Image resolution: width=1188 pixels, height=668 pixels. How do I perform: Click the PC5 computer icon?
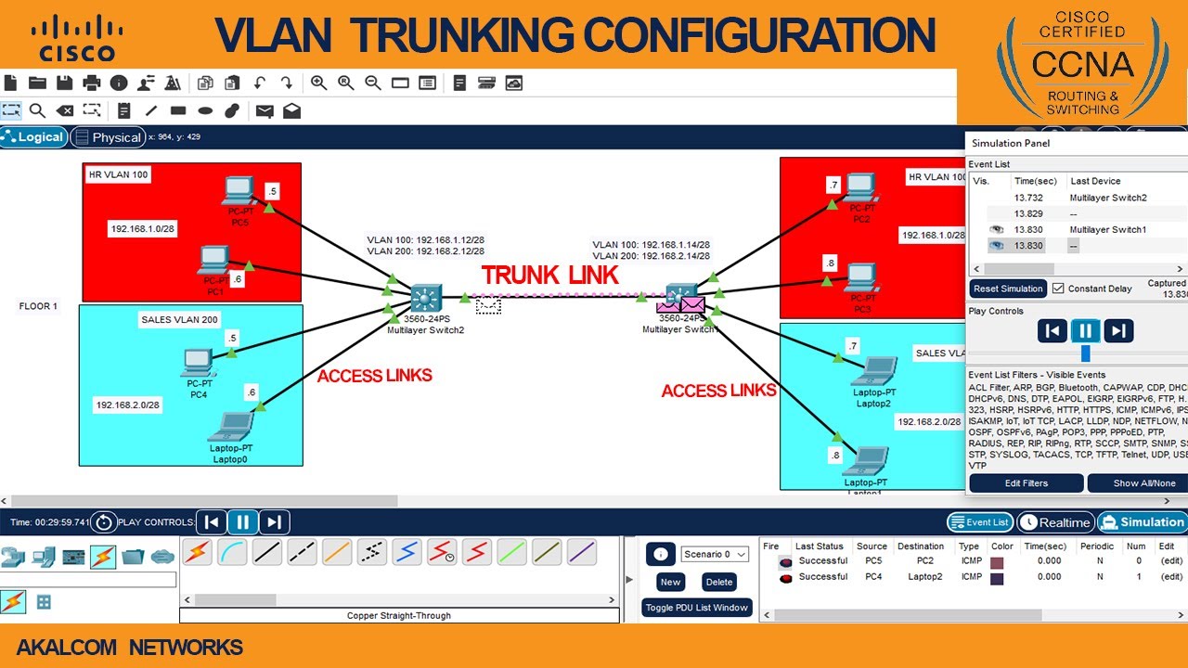[238, 190]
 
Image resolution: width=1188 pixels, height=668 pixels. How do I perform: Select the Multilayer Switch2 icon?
[426, 299]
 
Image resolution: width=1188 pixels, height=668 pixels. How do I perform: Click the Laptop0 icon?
[229, 427]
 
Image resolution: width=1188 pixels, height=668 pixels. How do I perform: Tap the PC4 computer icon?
[198, 360]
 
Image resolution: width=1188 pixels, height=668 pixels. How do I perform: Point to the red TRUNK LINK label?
[549, 275]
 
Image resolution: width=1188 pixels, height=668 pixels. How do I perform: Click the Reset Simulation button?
[1009, 289]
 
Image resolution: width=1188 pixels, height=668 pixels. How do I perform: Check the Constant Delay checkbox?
[1058, 289]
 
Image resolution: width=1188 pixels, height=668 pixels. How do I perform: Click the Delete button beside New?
[719, 582]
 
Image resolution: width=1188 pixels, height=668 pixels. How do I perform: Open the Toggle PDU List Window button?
[696, 608]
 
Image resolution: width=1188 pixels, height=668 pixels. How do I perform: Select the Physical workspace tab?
[109, 137]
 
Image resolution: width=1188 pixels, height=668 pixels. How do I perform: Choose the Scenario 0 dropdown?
[714, 554]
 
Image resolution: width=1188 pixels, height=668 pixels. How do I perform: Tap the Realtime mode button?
[1056, 522]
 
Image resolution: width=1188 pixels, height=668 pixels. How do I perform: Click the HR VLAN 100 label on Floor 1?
[118, 174]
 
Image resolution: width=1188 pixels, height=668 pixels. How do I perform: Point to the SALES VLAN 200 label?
[179, 320]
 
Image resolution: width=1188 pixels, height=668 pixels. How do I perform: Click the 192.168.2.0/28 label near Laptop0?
[127, 405]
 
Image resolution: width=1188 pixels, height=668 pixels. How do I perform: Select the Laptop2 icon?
[873, 371]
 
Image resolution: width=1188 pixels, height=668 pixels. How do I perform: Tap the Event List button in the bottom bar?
[980, 522]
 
